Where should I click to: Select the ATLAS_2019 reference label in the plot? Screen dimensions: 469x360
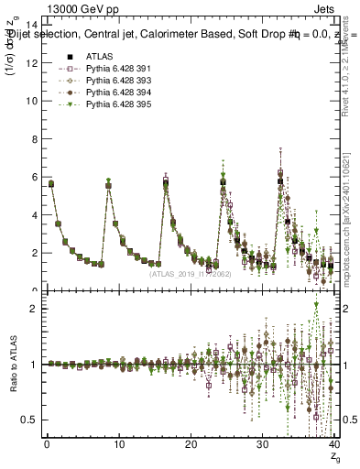(x=190, y=272)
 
